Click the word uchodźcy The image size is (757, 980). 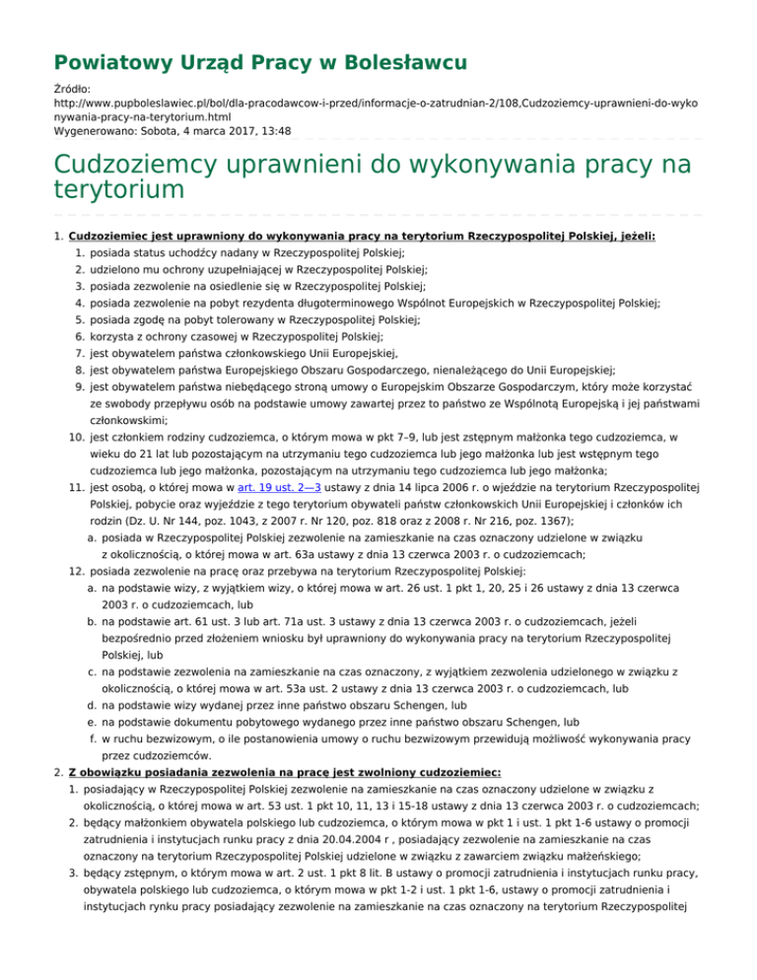pyautogui.click(x=190, y=253)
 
